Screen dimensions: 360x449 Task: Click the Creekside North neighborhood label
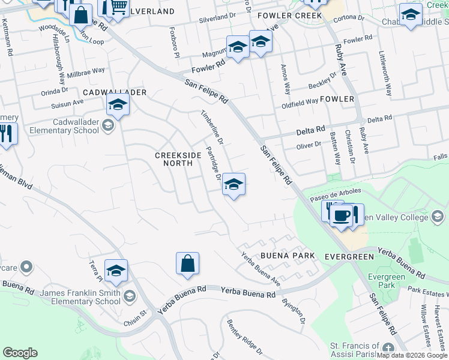(x=178, y=160)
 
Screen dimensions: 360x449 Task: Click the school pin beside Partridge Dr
(x=234, y=184)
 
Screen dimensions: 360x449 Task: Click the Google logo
(x=20, y=353)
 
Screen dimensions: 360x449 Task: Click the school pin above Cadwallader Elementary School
(x=118, y=106)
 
